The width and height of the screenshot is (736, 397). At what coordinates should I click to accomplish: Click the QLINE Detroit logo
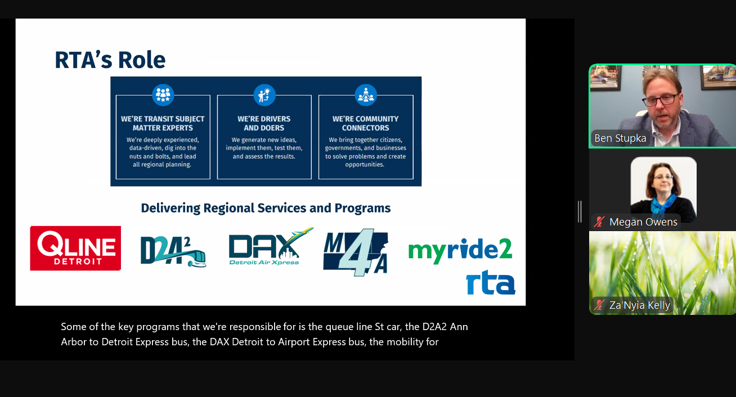pos(75,248)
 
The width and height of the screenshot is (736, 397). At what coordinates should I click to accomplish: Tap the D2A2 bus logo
pos(173,251)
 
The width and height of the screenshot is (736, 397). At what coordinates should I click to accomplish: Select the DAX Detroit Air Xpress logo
pos(271,246)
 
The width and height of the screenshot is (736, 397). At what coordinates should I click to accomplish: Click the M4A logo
pos(356,252)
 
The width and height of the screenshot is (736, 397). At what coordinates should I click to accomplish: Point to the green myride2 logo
pos(460,250)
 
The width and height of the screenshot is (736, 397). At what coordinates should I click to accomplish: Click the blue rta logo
pos(491,282)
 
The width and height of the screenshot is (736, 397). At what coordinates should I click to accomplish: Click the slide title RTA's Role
pos(110,60)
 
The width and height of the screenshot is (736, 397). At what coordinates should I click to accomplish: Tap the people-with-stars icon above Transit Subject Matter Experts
pos(163,95)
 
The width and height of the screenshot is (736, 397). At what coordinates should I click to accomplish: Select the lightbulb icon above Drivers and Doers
pos(264,95)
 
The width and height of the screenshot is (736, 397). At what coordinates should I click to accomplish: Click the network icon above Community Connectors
pos(366,95)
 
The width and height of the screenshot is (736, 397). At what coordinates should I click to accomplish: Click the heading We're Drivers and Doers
pos(264,123)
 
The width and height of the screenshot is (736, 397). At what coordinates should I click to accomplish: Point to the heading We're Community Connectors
pos(365,123)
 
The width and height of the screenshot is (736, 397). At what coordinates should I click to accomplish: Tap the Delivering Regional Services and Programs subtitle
pos(266,208)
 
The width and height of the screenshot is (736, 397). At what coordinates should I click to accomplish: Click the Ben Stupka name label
pos(620,138)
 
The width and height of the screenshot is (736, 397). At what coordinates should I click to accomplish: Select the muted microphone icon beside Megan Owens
pos(599,222)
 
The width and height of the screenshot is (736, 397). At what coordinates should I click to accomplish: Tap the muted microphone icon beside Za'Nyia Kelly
pos(599,305)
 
